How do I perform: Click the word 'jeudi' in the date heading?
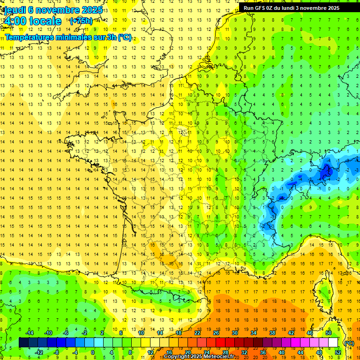15,10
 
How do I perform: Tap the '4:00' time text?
16,22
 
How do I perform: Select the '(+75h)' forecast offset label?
81,21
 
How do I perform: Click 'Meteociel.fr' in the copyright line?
220,357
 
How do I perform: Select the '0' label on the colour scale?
93,352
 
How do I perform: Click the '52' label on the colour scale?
338,352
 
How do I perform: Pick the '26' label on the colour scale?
216,333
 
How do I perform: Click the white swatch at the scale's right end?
333,343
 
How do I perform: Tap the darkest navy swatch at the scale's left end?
23,343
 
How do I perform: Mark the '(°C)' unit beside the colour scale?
349,343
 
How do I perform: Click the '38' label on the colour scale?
272,333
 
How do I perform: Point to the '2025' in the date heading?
91,10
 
